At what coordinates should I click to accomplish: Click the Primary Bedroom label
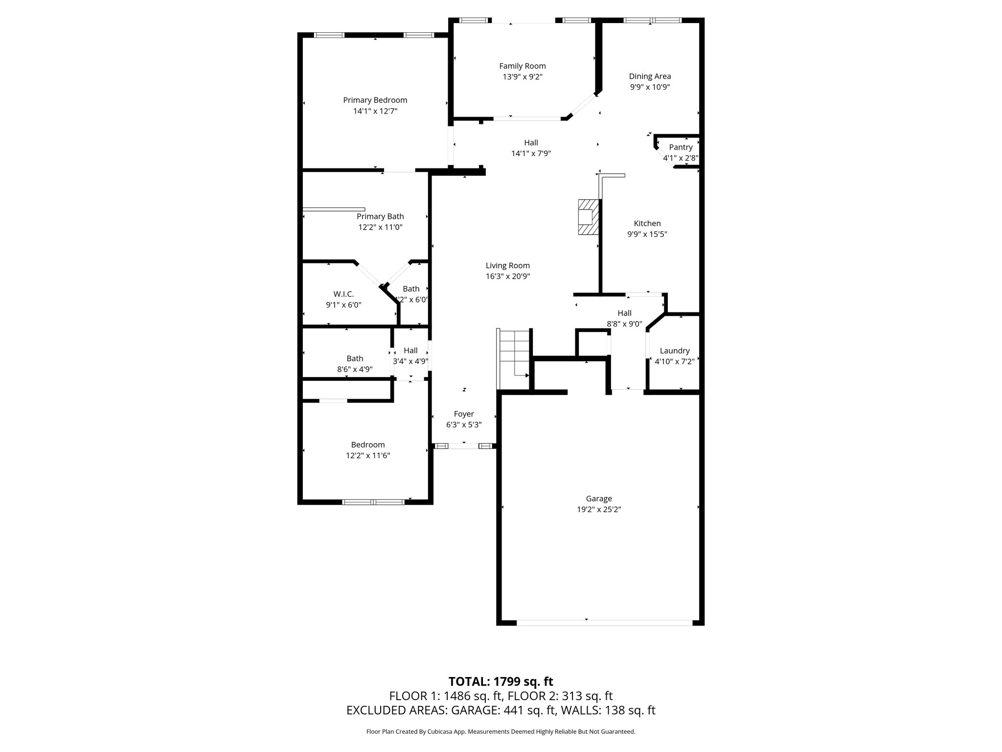tap(375, 100)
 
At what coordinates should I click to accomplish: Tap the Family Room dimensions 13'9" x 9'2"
tap(522, 77)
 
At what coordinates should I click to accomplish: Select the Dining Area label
tap(650, 76)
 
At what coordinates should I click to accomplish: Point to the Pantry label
tap(681, 147)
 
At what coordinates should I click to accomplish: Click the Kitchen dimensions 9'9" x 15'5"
tap(647, 234)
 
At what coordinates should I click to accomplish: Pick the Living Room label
tap(507, 265)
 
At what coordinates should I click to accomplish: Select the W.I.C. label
tap(343, 294)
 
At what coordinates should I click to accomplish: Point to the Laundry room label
tap(674, 351)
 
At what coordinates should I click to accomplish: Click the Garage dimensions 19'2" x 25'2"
tap(599, 509)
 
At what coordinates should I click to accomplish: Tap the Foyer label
tap(463, 414)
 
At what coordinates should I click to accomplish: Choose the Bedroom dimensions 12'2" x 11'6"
tap(367, 455)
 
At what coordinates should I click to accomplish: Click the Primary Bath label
tap(380, 216)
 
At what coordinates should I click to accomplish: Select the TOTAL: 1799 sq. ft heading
tap(501, 681)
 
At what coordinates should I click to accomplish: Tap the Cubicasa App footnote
tap(501, 732)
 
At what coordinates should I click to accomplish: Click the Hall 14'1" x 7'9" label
tap(531, 142)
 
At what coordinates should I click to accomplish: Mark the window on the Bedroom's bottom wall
tap(373, 502)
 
